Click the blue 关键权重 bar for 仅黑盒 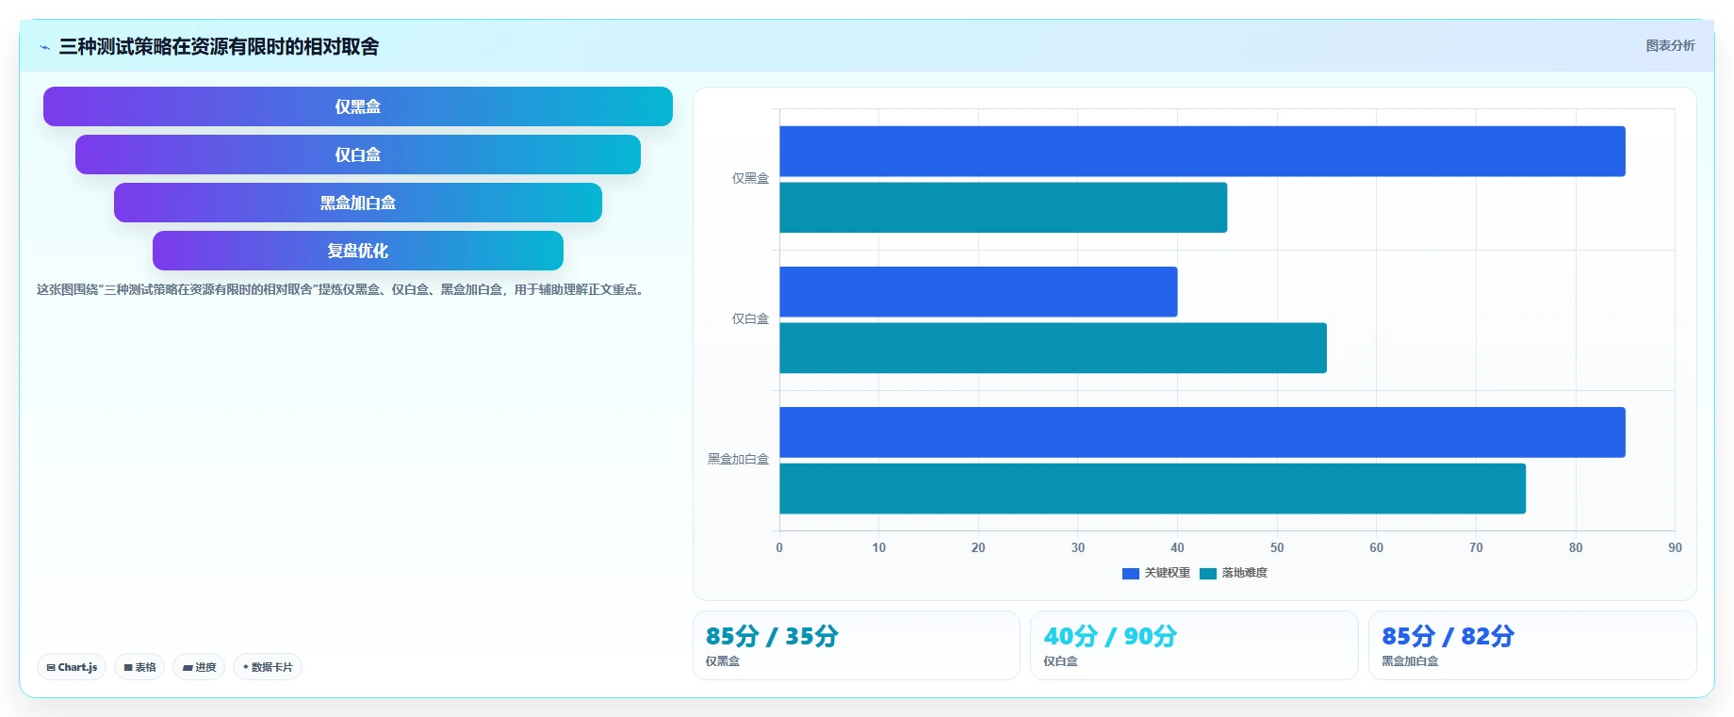(x=1202, y=151)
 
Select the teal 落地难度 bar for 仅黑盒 (x=1004, y=207)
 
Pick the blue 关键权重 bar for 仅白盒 (x=978, y=292)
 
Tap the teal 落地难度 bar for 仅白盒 (x=1053, y=348)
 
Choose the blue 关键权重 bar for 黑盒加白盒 (x=1202, y=432)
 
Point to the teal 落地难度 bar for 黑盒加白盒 (x=1153, y=488)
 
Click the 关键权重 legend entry (x=1156, y=573)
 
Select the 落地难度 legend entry (x=1234, y=573)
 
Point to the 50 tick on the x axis (x=1277, y=547)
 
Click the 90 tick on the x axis (x=1675, y=547)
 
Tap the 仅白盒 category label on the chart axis (x=750, y=318)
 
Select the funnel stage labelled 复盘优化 (x=358, y=251)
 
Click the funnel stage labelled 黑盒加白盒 (x=358, y=203)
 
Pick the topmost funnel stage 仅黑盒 (x=358, y=106)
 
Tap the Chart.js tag (x=72, y=667)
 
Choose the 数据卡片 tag (x=268, y=667)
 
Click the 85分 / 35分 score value (x=772, y=636)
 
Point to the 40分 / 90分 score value (x=1110, y=636)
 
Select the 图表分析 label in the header (x=1670, y=45)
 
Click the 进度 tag (x=199, y=667)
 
